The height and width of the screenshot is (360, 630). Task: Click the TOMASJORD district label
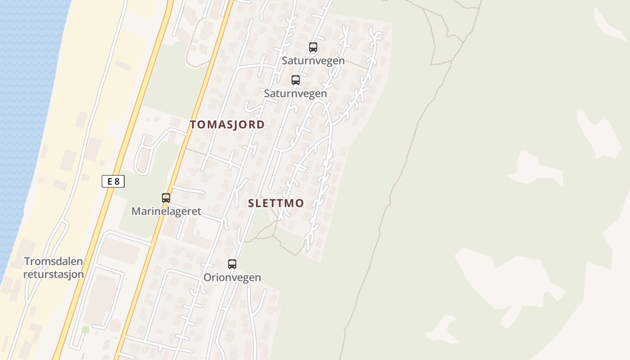(x=227, y=125)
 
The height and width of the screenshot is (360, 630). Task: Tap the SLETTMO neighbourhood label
(x=276, y=203)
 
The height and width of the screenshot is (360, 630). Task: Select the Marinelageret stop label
(x=166, y=211)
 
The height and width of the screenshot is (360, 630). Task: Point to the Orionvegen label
(x=232, y=277)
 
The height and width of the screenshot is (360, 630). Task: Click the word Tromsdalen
(x=54, y=261)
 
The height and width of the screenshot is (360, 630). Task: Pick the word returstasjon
(x=54, y=274)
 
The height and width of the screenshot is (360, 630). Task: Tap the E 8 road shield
(x=113, y=182)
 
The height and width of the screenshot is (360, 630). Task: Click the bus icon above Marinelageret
(x=166, y=198)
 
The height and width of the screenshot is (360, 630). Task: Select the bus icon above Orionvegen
(x=232, y=264)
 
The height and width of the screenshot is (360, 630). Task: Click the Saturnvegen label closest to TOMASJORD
(x=295, y=94)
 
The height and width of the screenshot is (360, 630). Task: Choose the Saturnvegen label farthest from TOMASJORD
(x=313, y=60)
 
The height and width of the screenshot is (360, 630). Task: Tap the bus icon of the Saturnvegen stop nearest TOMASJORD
(x=296, y=80)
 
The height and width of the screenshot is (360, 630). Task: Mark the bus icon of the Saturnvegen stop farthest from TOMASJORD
(x=313, y=47)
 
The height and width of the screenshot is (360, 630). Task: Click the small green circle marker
(x=85, y=330)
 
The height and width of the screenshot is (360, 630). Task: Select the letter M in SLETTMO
(x=288, y=203)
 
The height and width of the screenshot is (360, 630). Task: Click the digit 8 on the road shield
(x=117, y=182)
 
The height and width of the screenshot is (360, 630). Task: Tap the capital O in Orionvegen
(x=207, y=277)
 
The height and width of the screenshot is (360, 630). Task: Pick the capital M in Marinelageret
(x=136, y=211)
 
